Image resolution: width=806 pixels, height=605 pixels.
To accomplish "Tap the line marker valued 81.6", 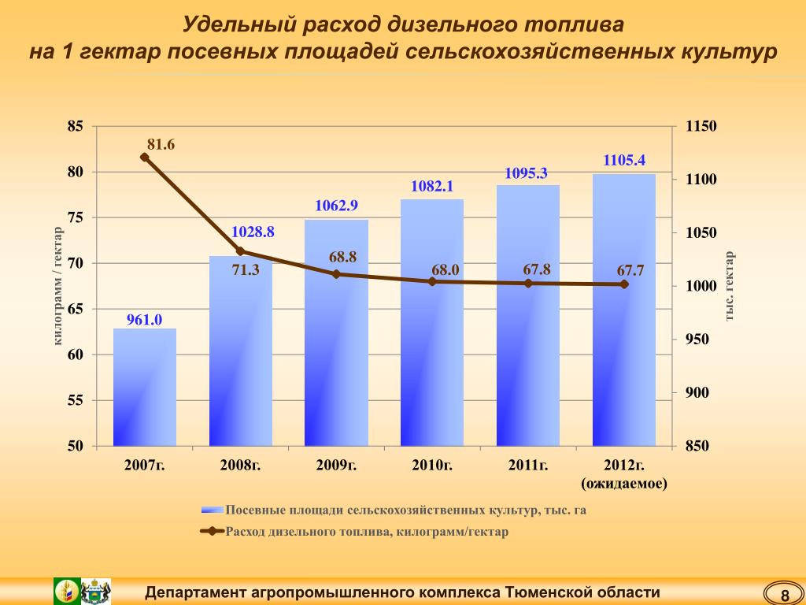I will coord(145,158).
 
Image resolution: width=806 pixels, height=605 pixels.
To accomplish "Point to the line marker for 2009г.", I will coord(336,274).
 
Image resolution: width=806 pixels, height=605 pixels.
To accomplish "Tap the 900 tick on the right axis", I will coord(696,393).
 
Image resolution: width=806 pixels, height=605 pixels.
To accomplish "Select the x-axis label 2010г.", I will coord(432,465).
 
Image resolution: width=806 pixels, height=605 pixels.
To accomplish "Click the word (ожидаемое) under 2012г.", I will coord(624,483).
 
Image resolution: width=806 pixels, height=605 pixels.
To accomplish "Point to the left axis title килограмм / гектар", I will coord(57,285).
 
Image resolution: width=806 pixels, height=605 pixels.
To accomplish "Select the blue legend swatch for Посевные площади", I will coord(212,510).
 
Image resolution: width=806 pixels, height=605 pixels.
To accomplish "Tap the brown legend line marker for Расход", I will coord(212,532).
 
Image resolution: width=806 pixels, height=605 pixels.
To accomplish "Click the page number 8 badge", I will coord(784,593).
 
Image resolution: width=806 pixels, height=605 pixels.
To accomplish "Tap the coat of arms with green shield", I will coord(67,591).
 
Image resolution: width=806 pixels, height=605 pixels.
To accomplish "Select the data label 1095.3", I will coord(526,173).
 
